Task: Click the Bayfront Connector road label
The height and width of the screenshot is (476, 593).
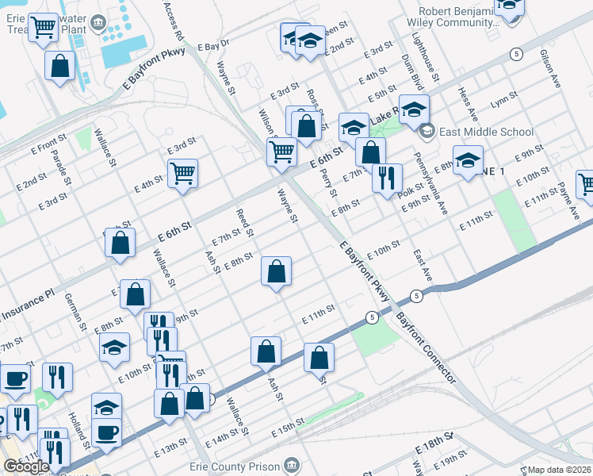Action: pyautogui.click(x=426, y=347)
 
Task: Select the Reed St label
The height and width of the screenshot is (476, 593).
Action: pyautogui.click(x=244, y=222)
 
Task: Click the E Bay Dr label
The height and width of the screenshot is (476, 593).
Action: pyautogui.click(x=213, y=45)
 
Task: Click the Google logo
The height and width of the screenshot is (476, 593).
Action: pyautogui.click(x=26, y=466)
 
